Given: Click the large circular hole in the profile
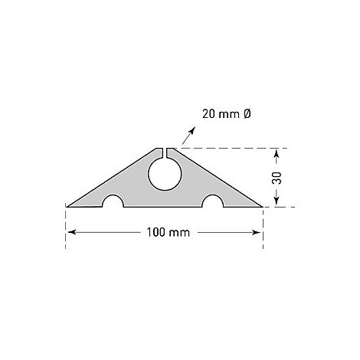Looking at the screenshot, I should [165, 173].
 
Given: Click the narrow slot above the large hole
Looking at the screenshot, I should [165, 152].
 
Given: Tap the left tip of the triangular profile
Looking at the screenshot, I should [69, 206].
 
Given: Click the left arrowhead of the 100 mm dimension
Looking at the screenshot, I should [70, 232].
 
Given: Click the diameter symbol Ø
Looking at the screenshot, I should [247, 115].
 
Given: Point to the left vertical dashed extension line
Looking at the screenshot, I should [67, 230].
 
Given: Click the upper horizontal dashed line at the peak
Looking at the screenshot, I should [230, 148].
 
